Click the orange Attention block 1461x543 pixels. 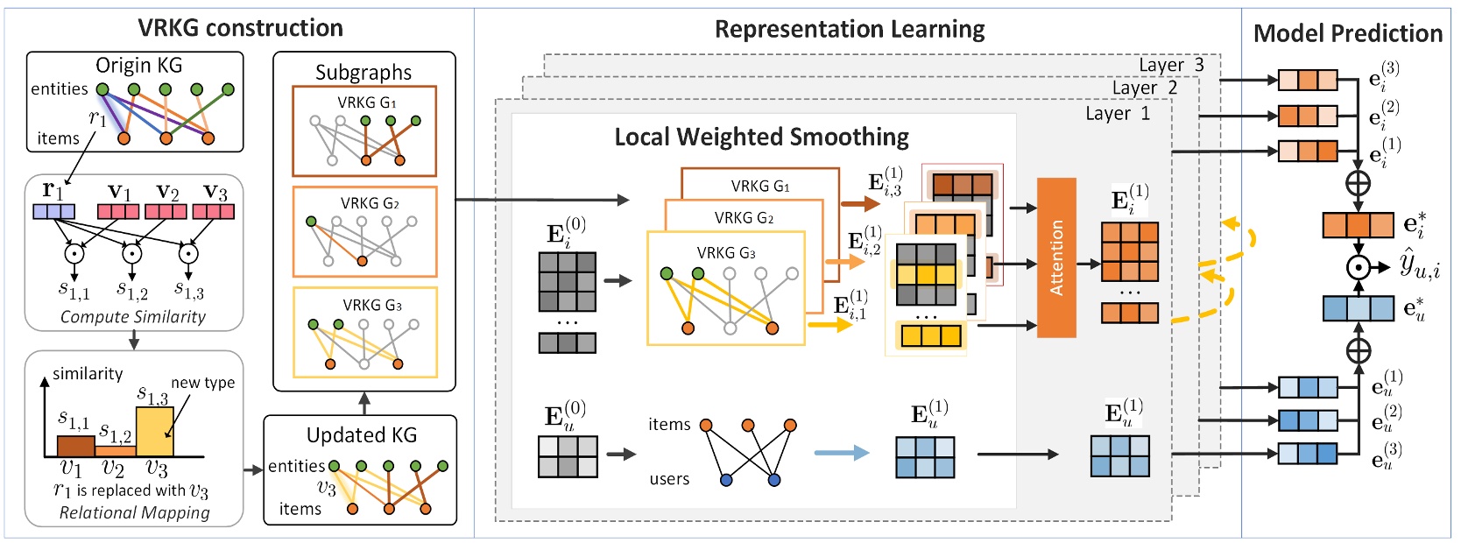pyautogui.click(x=1055, y=257)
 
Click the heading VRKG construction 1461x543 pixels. pyautogui.click(x=240, y=28)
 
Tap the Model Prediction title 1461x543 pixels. pyautogui.click(x=1347, y=33)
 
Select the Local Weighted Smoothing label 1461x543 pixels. pyautogui.click(x=761, y=137)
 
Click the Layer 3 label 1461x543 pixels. pyautogui.click(x=1170, y=65)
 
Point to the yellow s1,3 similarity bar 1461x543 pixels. pyautogui.click(x=154, y=432)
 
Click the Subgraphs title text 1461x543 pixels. pyautogui.click(x=363, y=72)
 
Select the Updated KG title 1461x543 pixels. pyautogui.click(x=361, y=435)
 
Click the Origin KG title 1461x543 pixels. pyautogui.click(x=138, y=66)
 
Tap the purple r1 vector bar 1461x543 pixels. pyautogui.click(x=53, y=212)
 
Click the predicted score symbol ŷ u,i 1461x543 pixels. pyautogui.click(x=1419, y=264)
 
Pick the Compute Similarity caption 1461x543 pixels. pyautogui.click(x=132, y=317)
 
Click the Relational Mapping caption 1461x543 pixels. pyautogui.click(x=134, y=512)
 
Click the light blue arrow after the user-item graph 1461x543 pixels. pyautogui.click(x=841, y=453)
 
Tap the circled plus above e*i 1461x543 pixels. pyautogui.click(x=1357, y=184)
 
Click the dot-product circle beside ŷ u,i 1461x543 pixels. pyautogui.click(x=1358, y=267)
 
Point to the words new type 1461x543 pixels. pyautogui.click(x=202, y=383)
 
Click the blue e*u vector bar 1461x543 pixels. pyautogui.click(x=1357, y=309)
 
